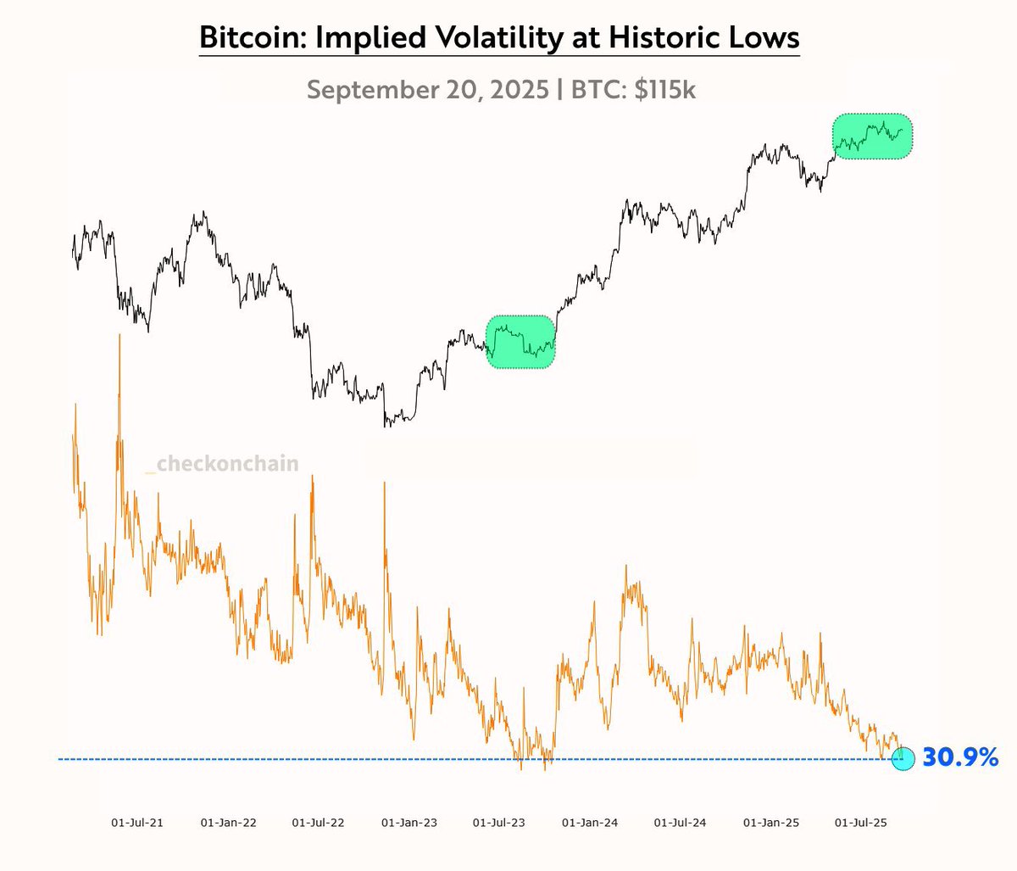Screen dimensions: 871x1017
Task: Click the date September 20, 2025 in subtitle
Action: coord(427,89)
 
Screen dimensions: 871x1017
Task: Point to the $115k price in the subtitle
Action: coord(664,89)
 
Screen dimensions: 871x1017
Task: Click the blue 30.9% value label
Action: coord(960,757)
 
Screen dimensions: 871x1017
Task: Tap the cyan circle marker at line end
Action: coord(903,759)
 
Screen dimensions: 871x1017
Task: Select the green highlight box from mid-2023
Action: coord(520,342)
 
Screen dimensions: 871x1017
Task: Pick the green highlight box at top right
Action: coord(872,137)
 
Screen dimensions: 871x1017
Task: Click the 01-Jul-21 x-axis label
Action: coord(137,823)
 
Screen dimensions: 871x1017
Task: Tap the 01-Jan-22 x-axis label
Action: coord(228,823)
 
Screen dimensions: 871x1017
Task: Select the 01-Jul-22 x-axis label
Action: coord(318,823)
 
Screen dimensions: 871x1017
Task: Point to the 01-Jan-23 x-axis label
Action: coord(408,823)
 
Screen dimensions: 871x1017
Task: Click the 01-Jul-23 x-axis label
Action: coord(498,823)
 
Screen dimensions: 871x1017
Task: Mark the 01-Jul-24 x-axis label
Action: coord(680,823)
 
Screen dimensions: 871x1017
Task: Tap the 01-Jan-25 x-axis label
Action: coord(770,823)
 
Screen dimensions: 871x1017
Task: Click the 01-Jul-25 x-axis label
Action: coord(860,823)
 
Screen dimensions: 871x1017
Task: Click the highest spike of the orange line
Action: coord(119,337)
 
